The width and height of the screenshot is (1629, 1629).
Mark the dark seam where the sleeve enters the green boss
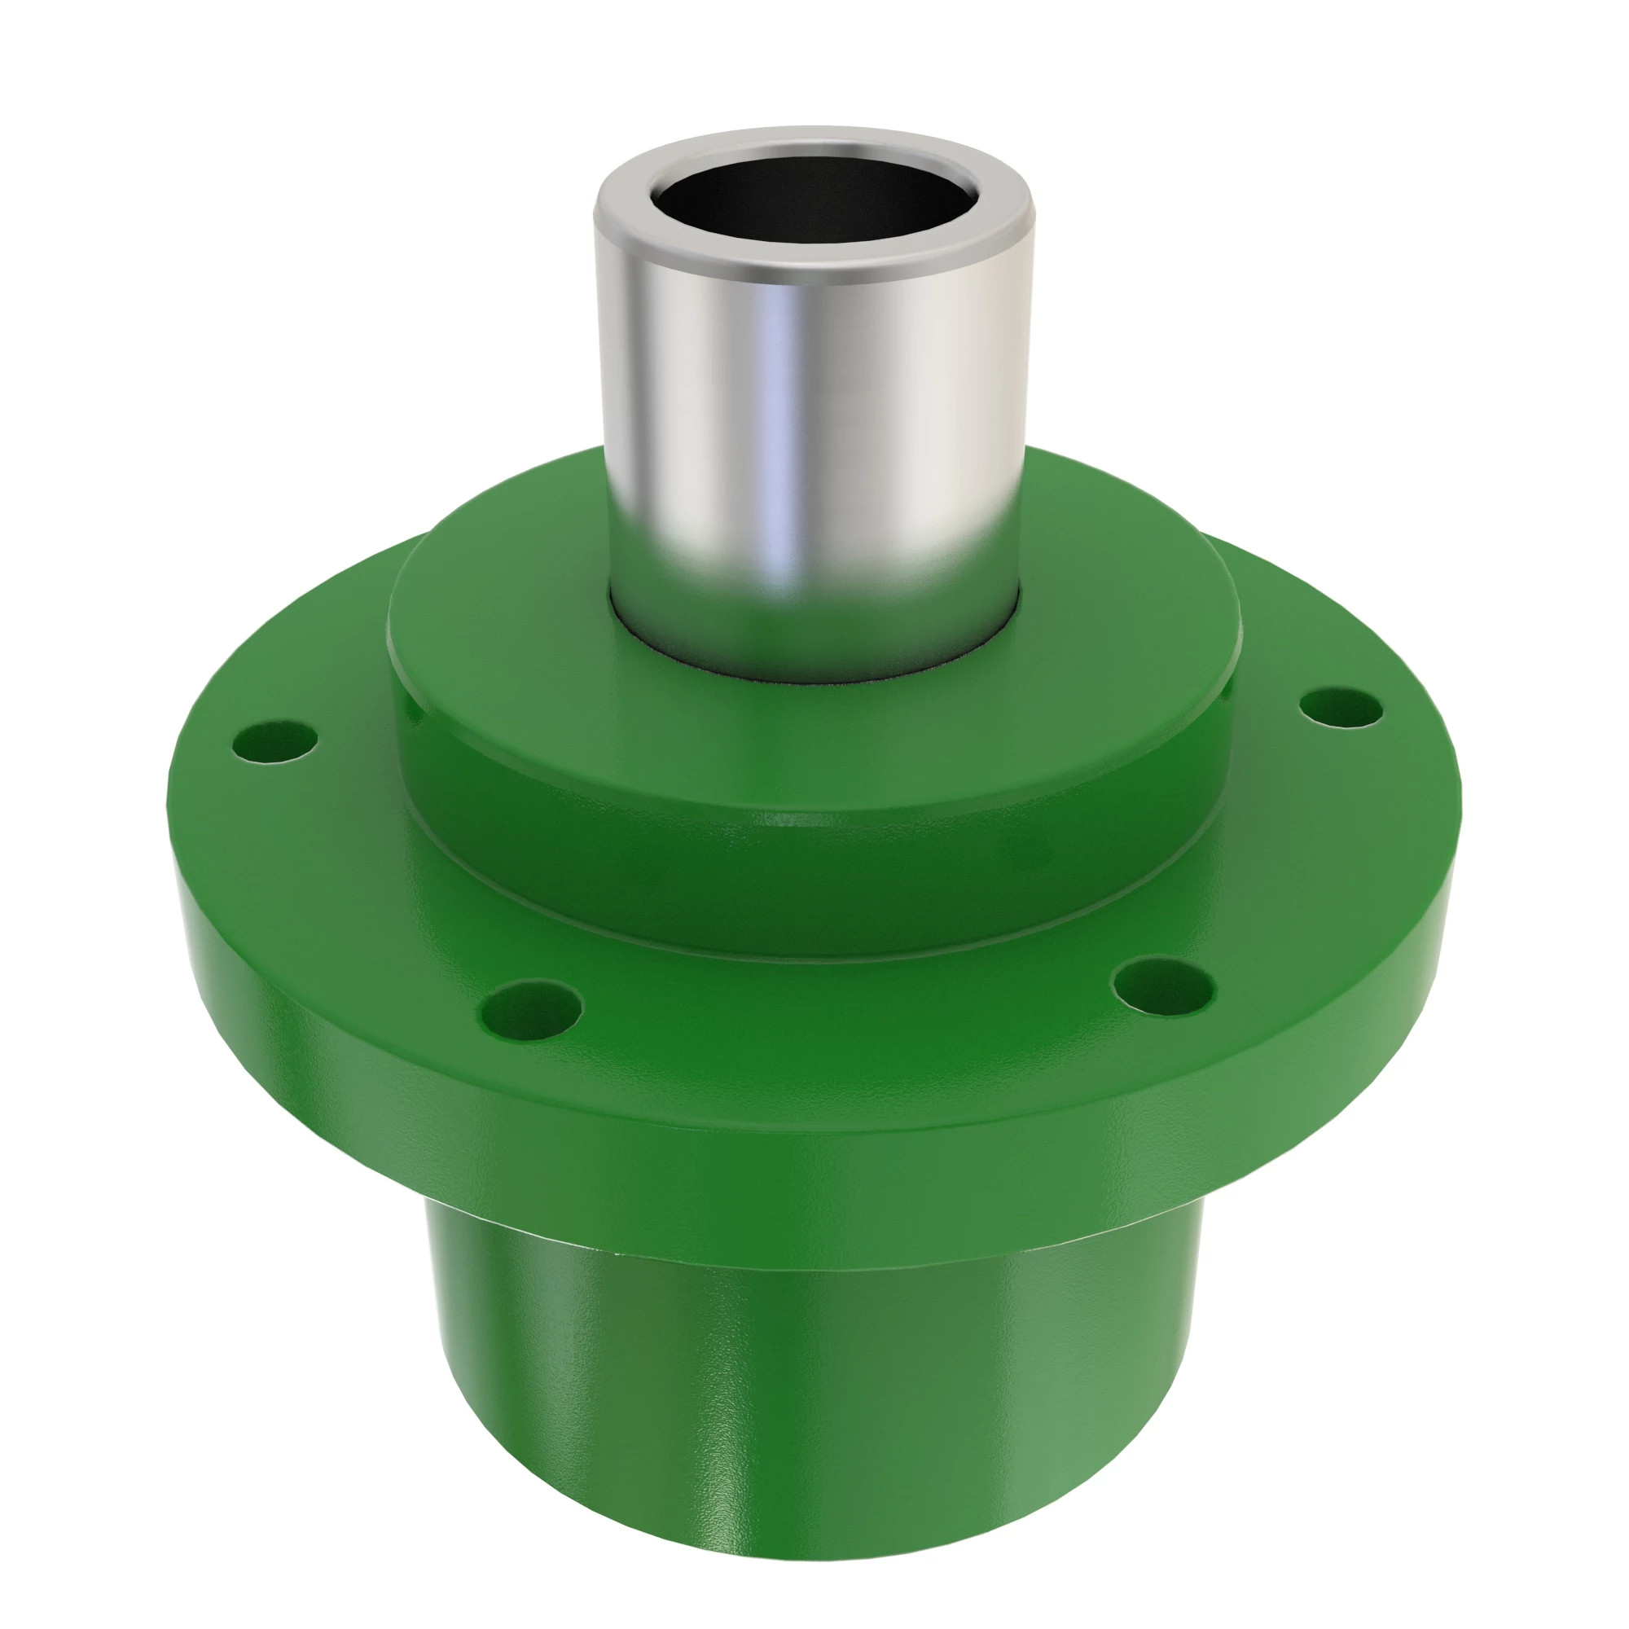[x=810, y=674]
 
